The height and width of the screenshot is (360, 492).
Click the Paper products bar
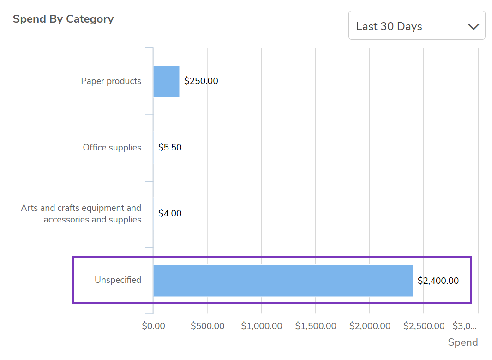(166, 81)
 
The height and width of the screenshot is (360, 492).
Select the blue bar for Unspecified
(282, 281)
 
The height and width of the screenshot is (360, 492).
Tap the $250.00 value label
(201, 81)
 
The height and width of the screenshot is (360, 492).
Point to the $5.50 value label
(170, 148)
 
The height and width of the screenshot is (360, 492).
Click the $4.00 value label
(170, 214)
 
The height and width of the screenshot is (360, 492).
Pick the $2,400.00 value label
(438, 281)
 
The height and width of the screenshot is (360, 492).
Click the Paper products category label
(111, 81)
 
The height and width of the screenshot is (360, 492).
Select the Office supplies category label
(112, 148)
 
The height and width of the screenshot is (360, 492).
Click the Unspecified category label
(118, 280)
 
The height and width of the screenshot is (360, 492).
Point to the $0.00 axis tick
(153, 326)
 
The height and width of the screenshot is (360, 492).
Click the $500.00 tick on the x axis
(207, 326)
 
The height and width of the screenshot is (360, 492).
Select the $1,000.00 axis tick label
(262, 326)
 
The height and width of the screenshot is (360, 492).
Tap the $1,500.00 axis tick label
(316, 326)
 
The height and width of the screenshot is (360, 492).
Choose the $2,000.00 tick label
(370, 326)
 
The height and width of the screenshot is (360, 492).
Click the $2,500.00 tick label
(424, 326)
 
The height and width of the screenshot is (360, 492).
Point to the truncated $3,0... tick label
(464, 326)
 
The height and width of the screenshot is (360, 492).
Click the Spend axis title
(463, 342)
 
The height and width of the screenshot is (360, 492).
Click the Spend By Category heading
(63, 19)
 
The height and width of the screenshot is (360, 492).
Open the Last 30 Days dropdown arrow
(474, 26)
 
